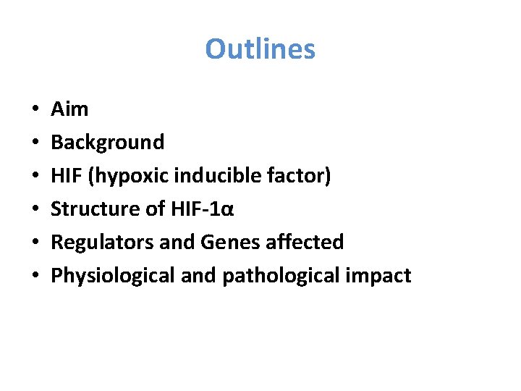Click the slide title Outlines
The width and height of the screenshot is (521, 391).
click(x=260, y=49)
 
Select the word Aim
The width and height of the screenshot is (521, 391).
click(x=69, y=109)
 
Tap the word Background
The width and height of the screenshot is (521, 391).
click(x=108, y=143)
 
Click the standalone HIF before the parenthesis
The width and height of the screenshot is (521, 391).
click(x=64, y=176)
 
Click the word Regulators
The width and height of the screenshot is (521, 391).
click(x=102, y=243)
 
